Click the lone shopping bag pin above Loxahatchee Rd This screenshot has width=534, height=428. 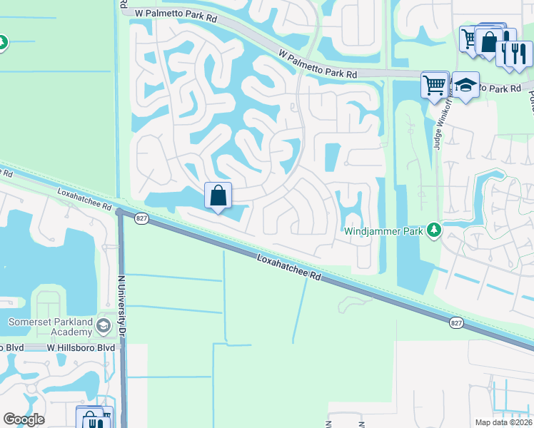click(218, 195)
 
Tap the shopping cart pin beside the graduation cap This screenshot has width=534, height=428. click(435, 86)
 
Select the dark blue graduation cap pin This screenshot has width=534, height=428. click(465, 86)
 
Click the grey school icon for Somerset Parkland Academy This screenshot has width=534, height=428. click(104, 327)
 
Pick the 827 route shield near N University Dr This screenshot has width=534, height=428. click(141, 218)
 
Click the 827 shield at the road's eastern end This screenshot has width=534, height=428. click(456, 323)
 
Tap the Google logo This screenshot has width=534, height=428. click(24, 419)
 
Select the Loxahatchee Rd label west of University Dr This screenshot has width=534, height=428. click(85, 200)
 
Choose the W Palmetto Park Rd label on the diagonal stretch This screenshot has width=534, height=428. click(318, 64)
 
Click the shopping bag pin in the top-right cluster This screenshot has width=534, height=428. click(490, 41)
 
